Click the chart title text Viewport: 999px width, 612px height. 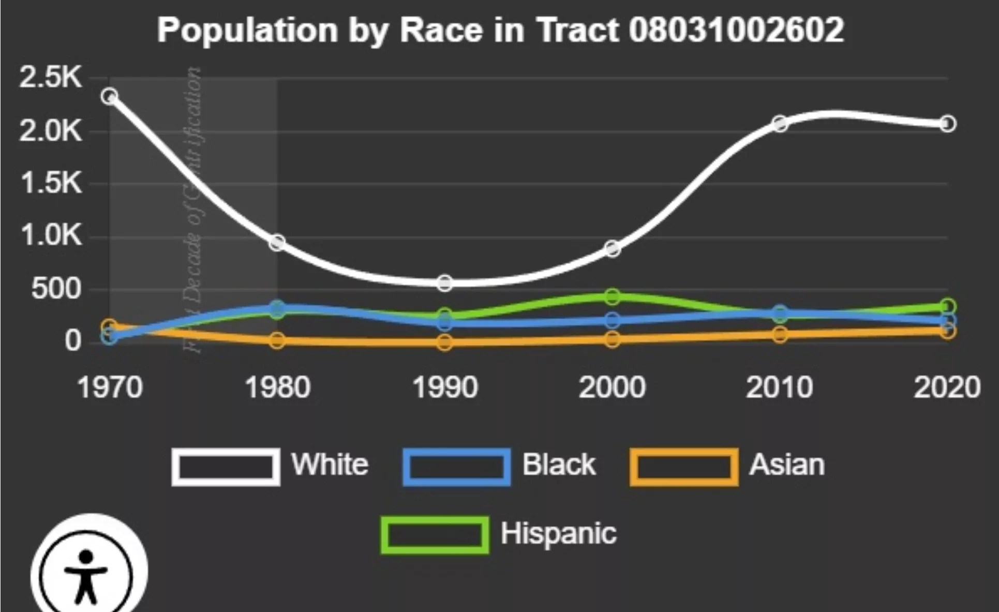click(x=500, y=29)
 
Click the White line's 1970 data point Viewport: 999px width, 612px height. click(x=110, y=96)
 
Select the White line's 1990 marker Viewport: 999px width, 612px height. click(x=444, y=283)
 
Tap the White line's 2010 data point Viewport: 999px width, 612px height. click(x=780, y=124)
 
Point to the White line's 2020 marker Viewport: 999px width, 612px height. click(x=947, y=124)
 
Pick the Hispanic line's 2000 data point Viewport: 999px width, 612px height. click(x=612, y=296)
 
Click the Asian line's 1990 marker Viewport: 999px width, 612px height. click(x=444, y=342)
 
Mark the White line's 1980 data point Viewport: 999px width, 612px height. click(x=277, y=242)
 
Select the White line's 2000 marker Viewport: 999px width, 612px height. click(x=612, y=249)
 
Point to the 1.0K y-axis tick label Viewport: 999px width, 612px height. click(x=51, y=235)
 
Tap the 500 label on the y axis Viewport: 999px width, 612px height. click(x=56, y=288)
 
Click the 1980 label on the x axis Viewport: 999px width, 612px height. click(x=277, y=387)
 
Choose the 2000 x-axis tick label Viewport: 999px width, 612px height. click(x=612, y=387)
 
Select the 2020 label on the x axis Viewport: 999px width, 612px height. click(x=947, y=387)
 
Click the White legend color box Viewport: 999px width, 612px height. click(x=226, y=467)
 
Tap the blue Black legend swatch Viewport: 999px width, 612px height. click(x=456, y=467)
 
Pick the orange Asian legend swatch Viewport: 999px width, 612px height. click(x=683, y=467)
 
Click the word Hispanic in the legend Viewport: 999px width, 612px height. click(x=558, y=533)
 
